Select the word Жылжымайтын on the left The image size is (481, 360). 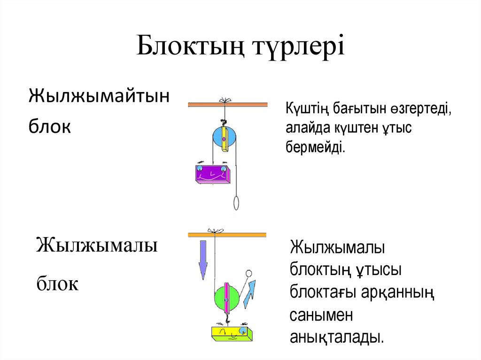point(99,97)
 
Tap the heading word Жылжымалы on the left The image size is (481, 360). point(97,245)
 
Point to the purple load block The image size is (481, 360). point(212,174)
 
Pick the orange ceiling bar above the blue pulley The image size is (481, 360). point(227,105)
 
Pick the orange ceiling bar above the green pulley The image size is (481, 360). point(227,233)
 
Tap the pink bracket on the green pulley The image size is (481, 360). point(226,299)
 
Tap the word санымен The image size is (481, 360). point(321,315)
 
